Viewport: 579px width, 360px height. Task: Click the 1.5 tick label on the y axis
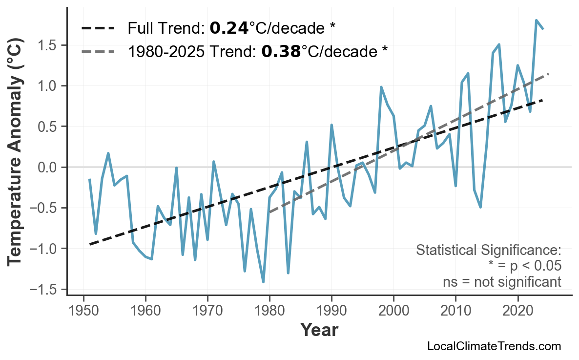[48, 45]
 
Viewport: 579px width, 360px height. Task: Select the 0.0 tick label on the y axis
[48, 167]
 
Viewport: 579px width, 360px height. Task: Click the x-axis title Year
[319, 330]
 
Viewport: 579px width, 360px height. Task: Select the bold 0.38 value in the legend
[281, 51]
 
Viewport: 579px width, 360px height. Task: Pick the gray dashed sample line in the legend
[98, 51]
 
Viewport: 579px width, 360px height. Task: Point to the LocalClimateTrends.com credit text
[494, 346]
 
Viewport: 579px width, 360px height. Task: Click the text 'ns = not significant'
[502, 282]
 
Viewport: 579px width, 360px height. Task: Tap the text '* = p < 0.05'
[524, 266]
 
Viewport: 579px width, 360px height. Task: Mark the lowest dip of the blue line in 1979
[263, 282]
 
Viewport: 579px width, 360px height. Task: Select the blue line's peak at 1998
[381, 87]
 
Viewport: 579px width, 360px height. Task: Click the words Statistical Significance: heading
[489, 251]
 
